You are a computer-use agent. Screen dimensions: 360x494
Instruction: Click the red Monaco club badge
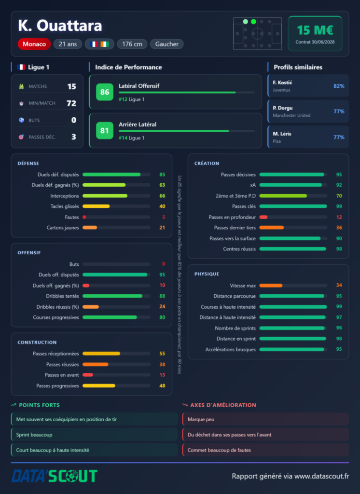coord(34,44)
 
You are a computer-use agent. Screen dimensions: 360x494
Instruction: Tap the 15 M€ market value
coord(315,30)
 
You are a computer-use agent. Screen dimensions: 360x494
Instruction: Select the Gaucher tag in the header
coord(167,44)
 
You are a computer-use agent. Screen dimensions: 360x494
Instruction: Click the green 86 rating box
coord(105,92)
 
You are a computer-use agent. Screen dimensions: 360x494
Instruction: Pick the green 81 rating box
coord(105,130)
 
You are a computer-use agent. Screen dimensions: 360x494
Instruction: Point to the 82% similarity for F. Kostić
coord(339,86)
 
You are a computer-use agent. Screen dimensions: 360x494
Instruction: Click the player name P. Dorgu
coord(282,108)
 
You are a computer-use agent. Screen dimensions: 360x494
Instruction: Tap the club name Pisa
coord(277,141)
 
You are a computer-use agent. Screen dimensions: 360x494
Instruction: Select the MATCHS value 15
coord(71,87)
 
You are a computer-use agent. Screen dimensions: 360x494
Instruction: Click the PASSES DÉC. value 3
coord(74,137)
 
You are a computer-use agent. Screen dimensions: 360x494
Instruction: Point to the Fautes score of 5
coord(164,217)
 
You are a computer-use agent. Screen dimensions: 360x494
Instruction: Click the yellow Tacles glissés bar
coord(96,206)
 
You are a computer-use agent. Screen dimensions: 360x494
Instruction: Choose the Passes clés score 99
coord(339,206)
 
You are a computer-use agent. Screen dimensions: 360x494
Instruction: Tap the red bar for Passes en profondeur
coord(263,217)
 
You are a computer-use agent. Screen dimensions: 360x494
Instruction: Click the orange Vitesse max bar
coord(271,286)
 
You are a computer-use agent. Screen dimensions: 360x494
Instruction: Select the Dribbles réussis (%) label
coord(58,307)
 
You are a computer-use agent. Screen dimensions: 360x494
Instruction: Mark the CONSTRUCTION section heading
coord(37,343)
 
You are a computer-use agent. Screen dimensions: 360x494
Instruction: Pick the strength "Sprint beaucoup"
coord(34,435)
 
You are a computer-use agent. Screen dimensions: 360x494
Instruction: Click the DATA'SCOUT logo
coord(55,476)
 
